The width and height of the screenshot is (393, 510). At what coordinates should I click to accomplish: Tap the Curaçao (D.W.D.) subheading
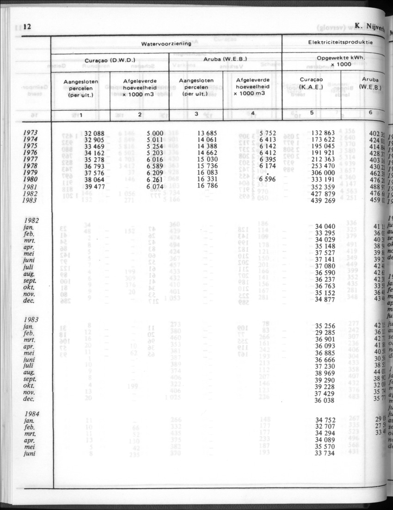[110, 60]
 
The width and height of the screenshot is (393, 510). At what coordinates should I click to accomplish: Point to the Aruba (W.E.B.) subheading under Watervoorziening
[225, 60]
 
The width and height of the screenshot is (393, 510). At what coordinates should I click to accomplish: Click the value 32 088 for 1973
[94, 134]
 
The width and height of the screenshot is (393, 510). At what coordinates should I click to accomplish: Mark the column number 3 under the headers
[196, 114]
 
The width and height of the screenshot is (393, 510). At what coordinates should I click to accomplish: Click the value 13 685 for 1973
[205, 134]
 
